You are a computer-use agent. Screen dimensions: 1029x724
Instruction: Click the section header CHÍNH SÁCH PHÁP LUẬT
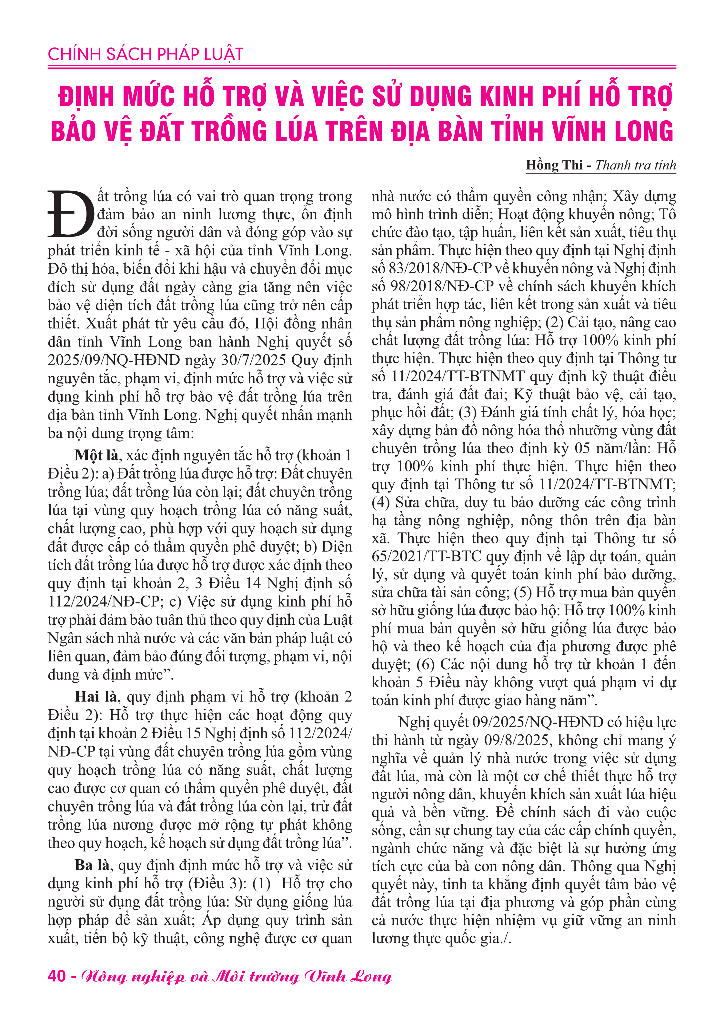145,55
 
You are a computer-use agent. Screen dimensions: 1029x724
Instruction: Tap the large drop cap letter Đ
71,214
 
